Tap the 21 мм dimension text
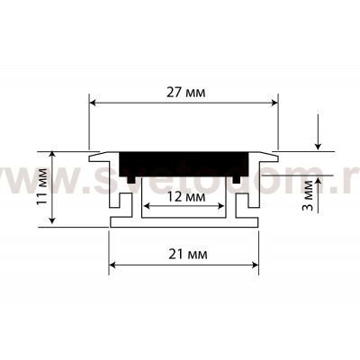point(183,254)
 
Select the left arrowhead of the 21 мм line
point(113,265)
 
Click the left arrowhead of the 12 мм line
point(145,211)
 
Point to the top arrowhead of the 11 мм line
point(53,156)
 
